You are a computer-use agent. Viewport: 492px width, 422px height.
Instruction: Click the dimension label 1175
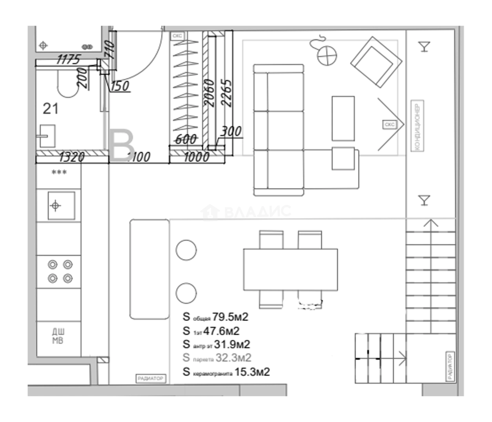pyautogui.click(x=68, y=59)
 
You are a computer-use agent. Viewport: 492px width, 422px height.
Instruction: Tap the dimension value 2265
pyautogui.click(x=227, y=93)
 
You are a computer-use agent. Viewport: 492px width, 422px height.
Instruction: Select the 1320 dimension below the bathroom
pyautogui.click(x=71, y=157)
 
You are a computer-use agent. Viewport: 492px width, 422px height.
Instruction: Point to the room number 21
pyautogui.click(x=51, y=109)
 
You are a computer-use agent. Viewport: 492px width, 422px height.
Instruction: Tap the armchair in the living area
pyautogui.click(x=376, y=62)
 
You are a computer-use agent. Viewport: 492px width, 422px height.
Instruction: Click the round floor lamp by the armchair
pyautogui.click(x=327, y=55)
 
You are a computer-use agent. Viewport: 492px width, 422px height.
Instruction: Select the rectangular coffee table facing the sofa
pyautogui.click(x=343, y=118)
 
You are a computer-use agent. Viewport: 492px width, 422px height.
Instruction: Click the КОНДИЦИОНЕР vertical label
pyautogui.click(x=417, y=126)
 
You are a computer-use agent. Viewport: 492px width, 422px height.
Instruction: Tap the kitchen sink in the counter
pyautogui.click(x=61, y=205)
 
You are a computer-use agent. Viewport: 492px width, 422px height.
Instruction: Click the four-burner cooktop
pyautogui.click(x=60, y=271)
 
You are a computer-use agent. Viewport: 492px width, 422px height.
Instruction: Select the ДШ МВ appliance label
pyautogui.click(x=58, y=336)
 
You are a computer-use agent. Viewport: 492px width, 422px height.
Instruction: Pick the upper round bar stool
pyautogui.click(x=186, y=250)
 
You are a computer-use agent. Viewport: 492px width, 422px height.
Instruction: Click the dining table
pyautogui.click(x=290, y=269)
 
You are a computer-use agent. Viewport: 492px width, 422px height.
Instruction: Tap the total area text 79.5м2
pyautogui.click(x=230, y=317)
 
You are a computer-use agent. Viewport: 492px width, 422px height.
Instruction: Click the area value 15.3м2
pyautogui.click(x=252, y=372)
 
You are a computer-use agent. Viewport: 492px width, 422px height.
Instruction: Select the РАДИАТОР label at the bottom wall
pyautogui.click(x=150, y=378)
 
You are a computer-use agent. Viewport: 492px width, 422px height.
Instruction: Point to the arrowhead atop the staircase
pyautogui.click(x=431, y=224)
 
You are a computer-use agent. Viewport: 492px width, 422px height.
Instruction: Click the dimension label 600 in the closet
pyautogui.click(x=186, y=139)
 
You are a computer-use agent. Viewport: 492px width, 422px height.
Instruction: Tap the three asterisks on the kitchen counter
pyautogui.click(x=59, y=172)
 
